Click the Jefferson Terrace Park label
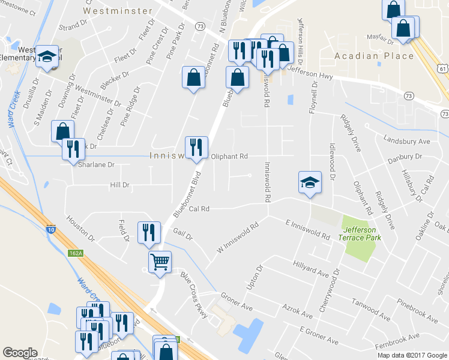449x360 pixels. pos(360,233)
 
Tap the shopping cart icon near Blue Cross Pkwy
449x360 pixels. pos(160,261)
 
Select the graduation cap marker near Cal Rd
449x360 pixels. pos(310,182)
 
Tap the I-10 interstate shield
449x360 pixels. pos(51,229)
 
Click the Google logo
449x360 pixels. pos(20,353)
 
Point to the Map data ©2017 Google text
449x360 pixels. pos(411,355)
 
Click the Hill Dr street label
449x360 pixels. pos(119,185)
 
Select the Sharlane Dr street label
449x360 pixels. pos(95,164)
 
